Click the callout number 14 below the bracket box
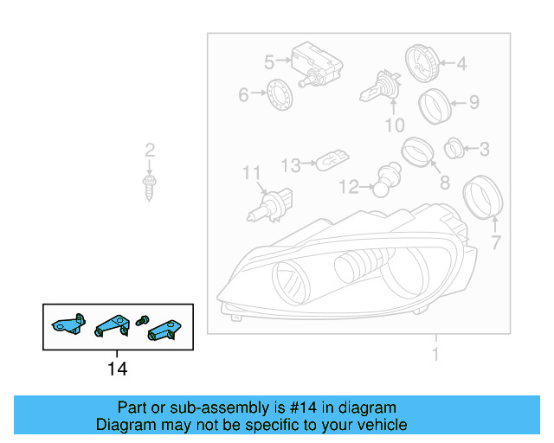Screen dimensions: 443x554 pyautogui.click(x=117, y=369)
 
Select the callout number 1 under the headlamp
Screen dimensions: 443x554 pyautogui.click(x=435, y=354)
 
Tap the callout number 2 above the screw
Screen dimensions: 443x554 pyautogui.click(x=150, y=151)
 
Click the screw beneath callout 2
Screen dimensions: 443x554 pyautogui.click(x=150, y=185)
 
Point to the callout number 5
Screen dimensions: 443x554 pyautogui.click(x=269, y=61)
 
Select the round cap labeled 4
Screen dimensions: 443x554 pyautogui.click(x=423, y=62)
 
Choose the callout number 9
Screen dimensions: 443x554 pyautogui.click(x=473, y=103)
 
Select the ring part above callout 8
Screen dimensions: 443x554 pyautogui.click(x=417, y=151)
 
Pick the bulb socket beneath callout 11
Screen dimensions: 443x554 pyautogui.click(x=270, y=205)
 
